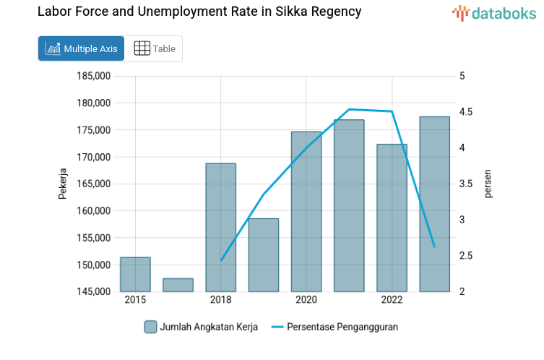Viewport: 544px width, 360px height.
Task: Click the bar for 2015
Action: pyautogui.click(x=135, y=275)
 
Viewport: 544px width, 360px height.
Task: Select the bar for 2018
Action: pyautogui.click(x=220, y=228)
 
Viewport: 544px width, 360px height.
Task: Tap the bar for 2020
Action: pyautogui.click(x=306, y=212)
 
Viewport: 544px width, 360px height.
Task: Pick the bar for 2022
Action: pyautogui.click(x=392, y=218)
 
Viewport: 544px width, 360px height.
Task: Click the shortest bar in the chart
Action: pyautogui.click(x=178, y=285)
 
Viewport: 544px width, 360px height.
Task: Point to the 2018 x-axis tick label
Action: pyautogui.click(x=220, y=300)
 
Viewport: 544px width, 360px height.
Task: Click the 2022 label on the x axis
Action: pyautogui.click(x=392, y=300)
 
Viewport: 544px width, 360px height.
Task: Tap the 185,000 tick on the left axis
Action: pyautogui.click(x=94, y=76)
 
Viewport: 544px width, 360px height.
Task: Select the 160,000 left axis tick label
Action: pyautogui.click(x=94, y=211)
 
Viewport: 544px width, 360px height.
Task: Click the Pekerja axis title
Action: pyautogui.click(x=63, y=184)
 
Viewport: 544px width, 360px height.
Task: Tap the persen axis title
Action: pyautogui.click(x=488, y=184)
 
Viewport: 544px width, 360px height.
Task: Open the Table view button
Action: pyautogui.click(x=155, y=49)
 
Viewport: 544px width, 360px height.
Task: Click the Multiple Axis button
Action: pyautogui.click(x=82, y=49)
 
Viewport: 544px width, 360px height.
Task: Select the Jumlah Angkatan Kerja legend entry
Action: pyautogui.click(x=203, y=327)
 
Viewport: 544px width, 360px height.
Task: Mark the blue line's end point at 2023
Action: pyautogui.click(x=434, y=247)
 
